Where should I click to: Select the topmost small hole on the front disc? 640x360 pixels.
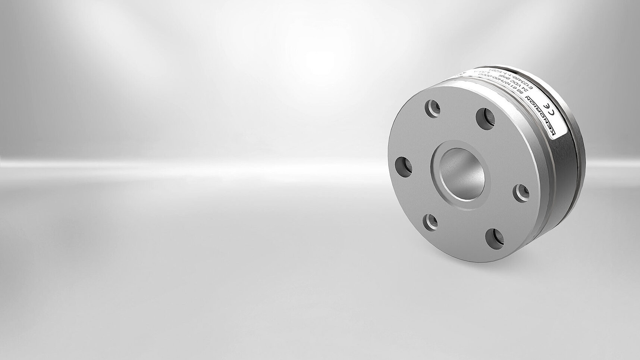432,109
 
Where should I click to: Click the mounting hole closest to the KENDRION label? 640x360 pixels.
486,119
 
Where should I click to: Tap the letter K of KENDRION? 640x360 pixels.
553,131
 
